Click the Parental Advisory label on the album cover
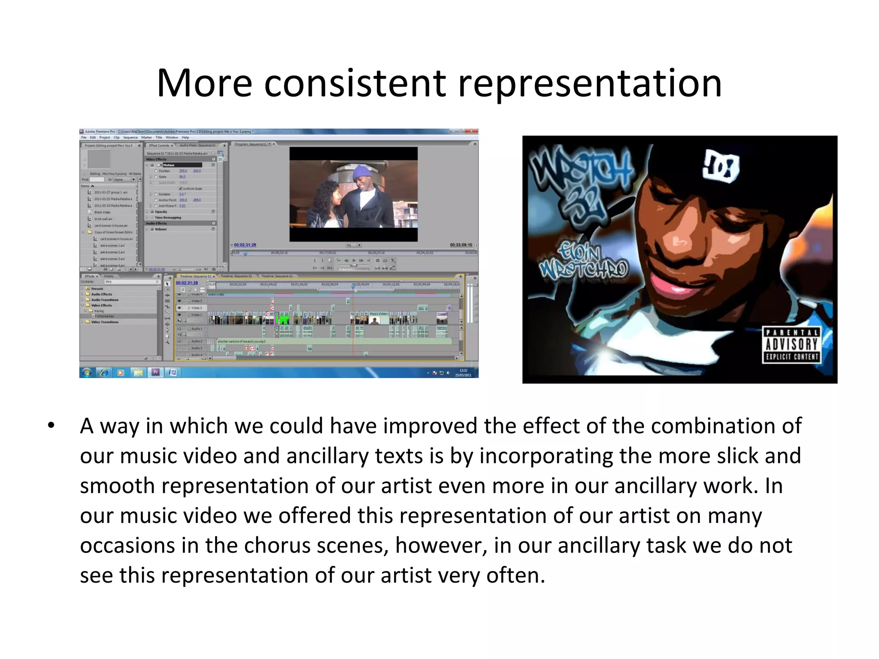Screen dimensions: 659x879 (x=791, y=345)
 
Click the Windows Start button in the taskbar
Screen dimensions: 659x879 (x=86, y=372)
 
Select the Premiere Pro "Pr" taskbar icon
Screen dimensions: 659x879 (x=155, y=372)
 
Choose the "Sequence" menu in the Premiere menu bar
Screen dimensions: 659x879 (x=130, y=138)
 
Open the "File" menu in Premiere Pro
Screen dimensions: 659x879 (x=84, y=138)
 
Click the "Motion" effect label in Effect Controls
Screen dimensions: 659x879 (x=169, y=165)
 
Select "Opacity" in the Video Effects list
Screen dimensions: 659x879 (x=161, y=212)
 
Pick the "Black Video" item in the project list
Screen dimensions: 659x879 (x=103, y=212)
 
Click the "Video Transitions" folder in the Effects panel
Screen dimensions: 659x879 (x=105, y=322)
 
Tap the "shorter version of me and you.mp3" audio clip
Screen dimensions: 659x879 (x=241, y=342)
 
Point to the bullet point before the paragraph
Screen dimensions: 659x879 (x=52, y=426)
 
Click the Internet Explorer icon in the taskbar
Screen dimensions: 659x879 (x=103, y=372)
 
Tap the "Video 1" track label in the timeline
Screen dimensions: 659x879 (x=196, y=315)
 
